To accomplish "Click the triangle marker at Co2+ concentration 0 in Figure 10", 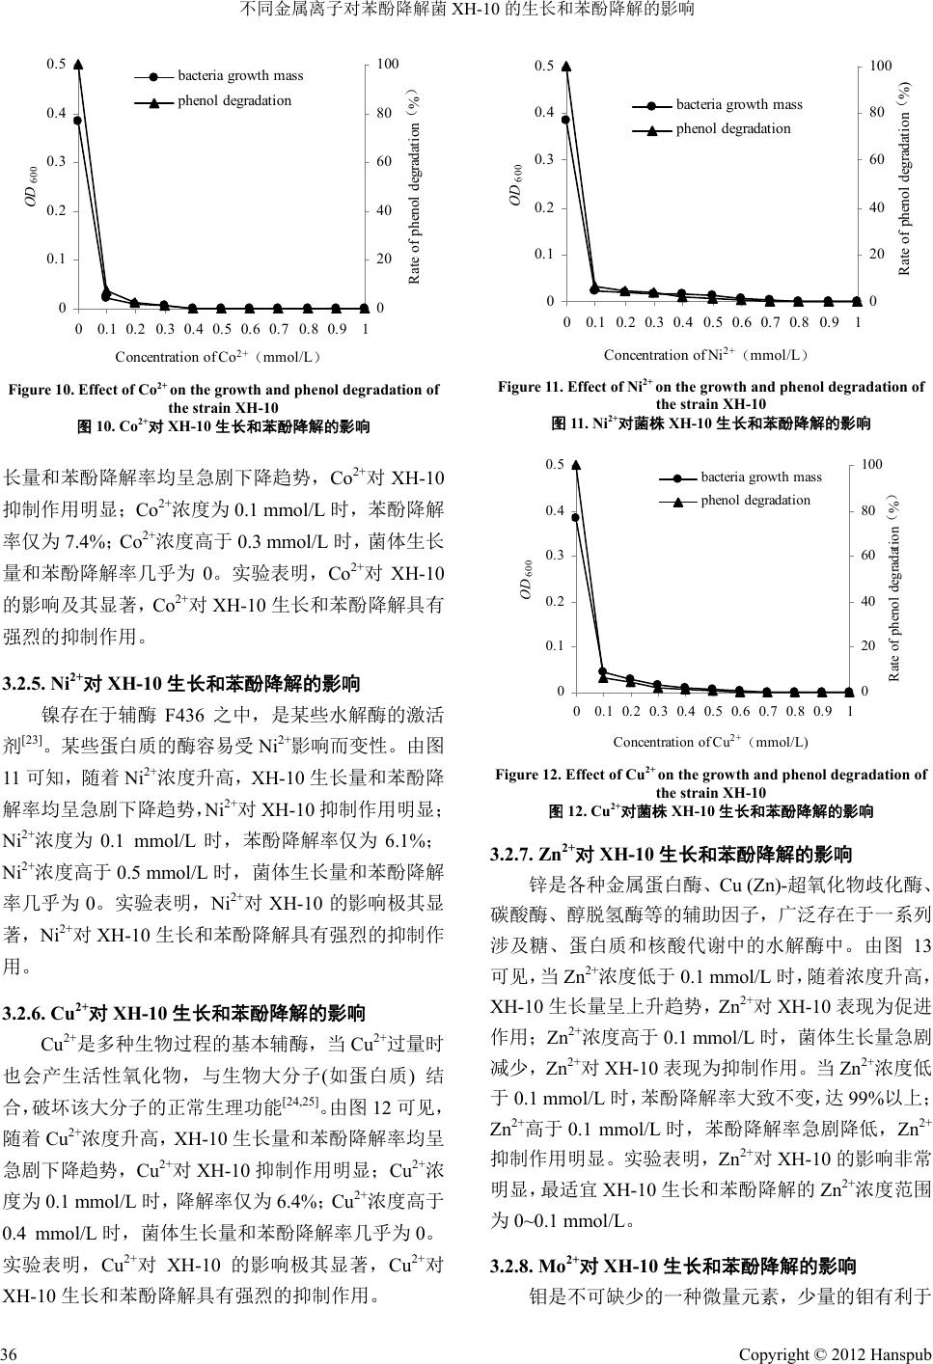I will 78,65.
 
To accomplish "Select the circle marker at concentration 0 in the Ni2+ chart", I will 566,120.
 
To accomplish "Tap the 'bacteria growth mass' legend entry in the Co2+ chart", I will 240,75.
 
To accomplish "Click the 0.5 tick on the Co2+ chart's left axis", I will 56,65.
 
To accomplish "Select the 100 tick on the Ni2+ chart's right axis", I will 880,66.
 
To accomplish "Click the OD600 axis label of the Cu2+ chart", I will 527,579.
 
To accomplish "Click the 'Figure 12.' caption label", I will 528,775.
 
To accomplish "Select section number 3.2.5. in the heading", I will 29,685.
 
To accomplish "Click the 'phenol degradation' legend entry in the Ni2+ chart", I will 733,128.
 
